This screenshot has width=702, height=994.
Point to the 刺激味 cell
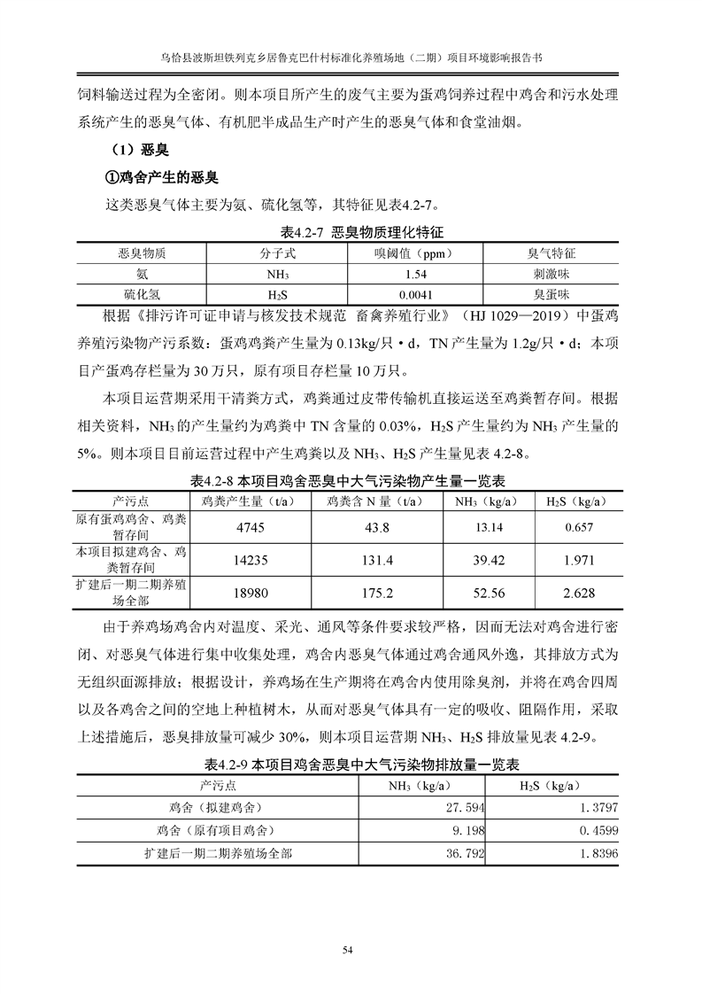coord(551,273)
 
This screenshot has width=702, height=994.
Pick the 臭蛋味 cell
coord(551,293)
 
